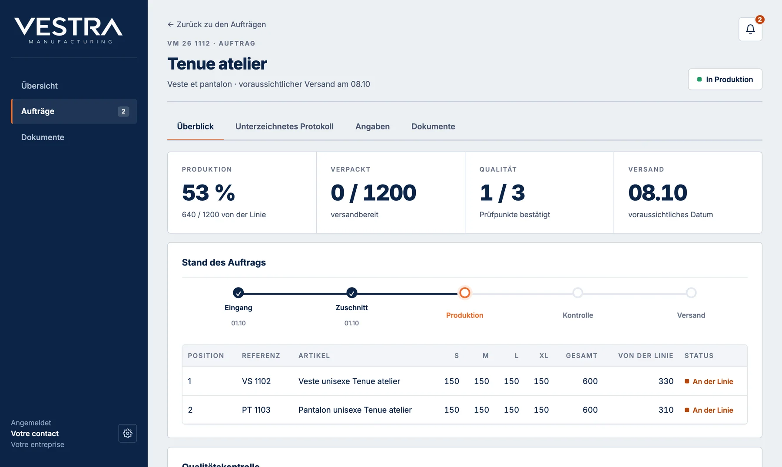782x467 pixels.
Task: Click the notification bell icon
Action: pyautogui.click(x=750, y=29)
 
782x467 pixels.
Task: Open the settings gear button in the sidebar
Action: pyautogui.click(x=127, y=433)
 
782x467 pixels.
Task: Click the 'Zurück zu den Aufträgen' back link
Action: pyautogui.click(x=217, y=24)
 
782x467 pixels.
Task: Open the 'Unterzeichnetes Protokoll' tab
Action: pyautogui.click(x=285, y=126)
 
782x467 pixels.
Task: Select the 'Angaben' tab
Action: pyautogui.click(x=372, y=126)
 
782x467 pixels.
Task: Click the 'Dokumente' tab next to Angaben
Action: pyautogui.click(x=433, y=126)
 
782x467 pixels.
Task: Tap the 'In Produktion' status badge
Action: pyautogui.click(x=725, y=79)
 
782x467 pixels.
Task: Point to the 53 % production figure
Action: pyautogui.click(x=209, y=192)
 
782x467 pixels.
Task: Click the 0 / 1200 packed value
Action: pyautogui.click(x=373, y=192)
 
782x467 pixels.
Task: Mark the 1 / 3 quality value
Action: pyautogui.click(x=502, y=192)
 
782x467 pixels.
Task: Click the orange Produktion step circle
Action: pyautogui.click(x=465, y=293)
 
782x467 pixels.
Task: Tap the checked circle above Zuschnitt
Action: pyautogui.click(x=352, y=293)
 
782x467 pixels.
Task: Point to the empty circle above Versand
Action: pyautogui.click(x=691, y=293)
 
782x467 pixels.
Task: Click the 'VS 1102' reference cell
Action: pyautogui.click(x=256, y=381)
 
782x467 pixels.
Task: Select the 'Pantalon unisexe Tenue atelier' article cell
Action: pyautogui.click(x=355, y=410)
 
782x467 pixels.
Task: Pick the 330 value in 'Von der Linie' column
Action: pyautogui.click(x=666, y=381)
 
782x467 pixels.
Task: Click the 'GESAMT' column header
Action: pyautogui.click(x=582, y=356)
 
